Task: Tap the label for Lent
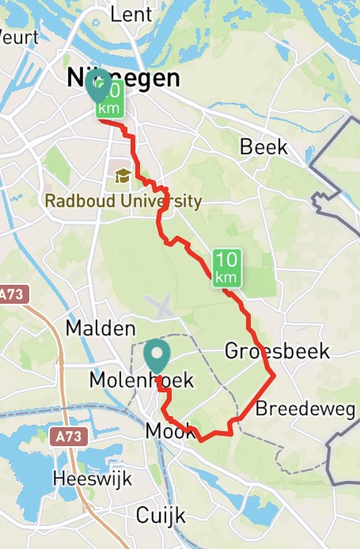131,13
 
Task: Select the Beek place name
263,148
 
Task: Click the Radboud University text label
123,201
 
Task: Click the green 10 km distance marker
225,267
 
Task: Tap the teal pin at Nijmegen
98,88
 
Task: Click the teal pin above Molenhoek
157,358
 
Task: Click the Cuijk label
160,516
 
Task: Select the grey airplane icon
161,305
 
